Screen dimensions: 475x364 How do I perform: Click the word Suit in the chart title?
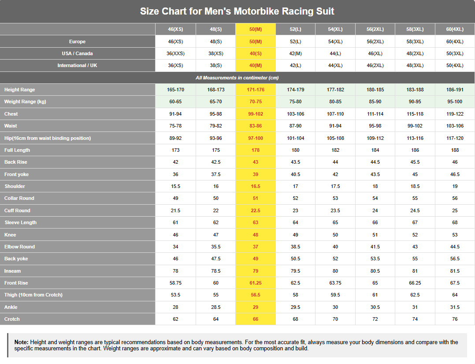point(324,11)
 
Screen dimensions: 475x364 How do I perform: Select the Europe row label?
point(77,41)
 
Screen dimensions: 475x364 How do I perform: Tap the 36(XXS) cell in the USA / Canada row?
point(175,53)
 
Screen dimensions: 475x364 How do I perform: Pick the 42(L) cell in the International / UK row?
point(295,65)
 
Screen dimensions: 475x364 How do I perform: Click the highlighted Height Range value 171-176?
point(256,90)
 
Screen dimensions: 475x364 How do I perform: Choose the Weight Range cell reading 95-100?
point(455,101)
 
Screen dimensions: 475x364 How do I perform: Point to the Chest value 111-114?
point(375,114)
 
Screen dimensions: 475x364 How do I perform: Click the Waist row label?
point(11,126)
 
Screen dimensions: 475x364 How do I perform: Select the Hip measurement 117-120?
point(455,139)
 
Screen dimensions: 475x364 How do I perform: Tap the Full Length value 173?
point(175,150)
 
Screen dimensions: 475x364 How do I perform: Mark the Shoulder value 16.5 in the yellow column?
point(256,186)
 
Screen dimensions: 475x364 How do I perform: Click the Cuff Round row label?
point(17,210)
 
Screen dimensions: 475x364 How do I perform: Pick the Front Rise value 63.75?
point(335,283)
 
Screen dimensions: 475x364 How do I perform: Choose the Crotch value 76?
point(455,319)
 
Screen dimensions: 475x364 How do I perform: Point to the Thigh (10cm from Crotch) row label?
point(33,295)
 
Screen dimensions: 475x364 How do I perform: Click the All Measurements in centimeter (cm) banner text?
point(237,78)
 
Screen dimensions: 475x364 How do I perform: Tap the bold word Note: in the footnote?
point(22,342)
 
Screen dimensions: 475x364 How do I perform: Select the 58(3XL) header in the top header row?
point(415,30)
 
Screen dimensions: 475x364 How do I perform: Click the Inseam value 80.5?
point(375,271)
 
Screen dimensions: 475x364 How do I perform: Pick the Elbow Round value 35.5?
point(216,247)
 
